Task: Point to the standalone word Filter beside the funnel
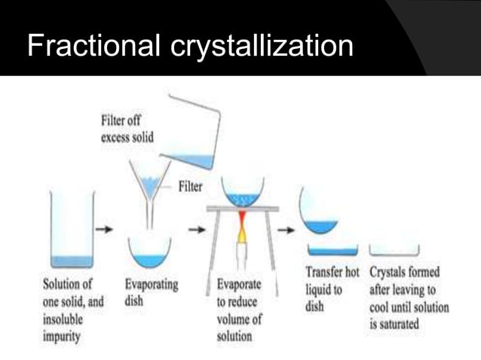pyautogui.click(x=189, y=186)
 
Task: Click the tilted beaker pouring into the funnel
pyautogui.click(x=192, y=132)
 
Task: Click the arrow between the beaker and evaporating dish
pyautogui.click(x=108, y=228)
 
